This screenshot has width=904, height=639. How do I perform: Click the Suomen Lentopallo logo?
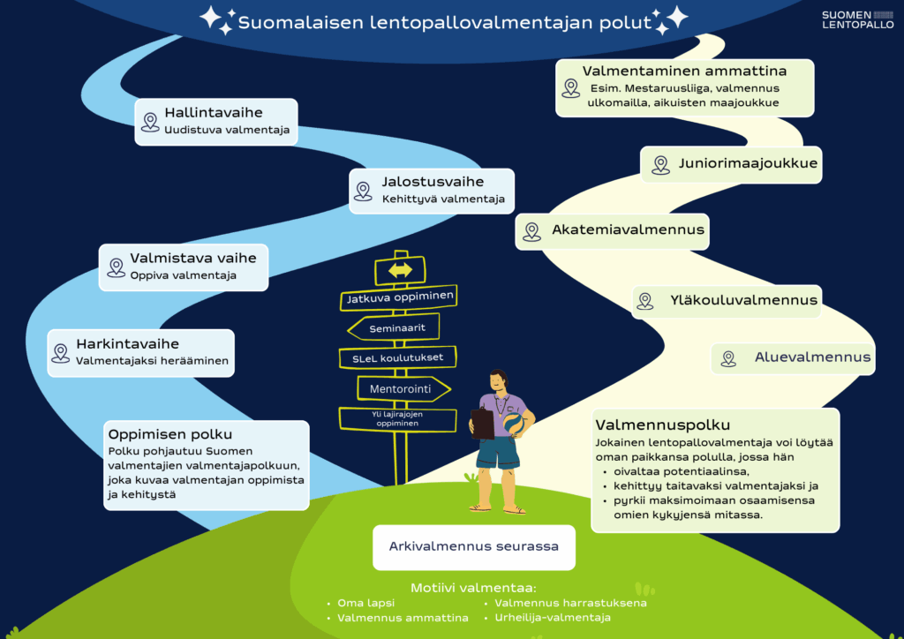857,19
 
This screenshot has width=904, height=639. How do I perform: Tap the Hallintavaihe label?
213,113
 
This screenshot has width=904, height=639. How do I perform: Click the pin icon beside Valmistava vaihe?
116,267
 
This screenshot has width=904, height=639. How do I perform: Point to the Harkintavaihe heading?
127,344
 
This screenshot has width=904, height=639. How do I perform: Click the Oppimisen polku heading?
170,434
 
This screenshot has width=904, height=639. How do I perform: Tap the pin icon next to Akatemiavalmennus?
531,231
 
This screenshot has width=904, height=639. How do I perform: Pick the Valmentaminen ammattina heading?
684,71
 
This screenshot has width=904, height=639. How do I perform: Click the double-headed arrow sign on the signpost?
400,270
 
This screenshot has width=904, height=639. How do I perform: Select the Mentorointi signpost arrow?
403,387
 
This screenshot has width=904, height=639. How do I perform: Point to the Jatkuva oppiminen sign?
399,298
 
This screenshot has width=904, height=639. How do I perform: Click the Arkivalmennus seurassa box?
473,546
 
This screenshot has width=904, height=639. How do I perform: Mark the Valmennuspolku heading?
662,425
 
